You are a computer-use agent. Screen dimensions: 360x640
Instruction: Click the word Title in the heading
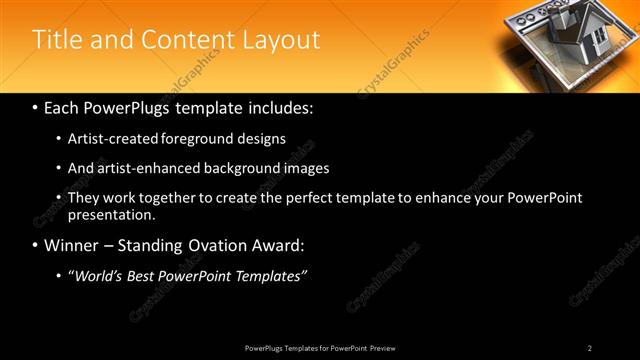(58, 40)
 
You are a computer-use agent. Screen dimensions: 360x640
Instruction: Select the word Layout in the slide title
(282, 40)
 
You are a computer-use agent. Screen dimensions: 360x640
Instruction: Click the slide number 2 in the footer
(590, 348)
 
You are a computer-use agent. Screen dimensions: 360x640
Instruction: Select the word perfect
(298, 198)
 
